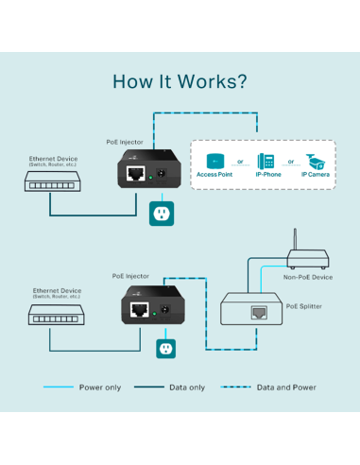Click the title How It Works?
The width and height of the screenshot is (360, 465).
(x=180, y=81)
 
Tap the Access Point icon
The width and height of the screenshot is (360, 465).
(x=214, y=160)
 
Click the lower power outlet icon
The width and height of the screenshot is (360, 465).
(x=167, y=349)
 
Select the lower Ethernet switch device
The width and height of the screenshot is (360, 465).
(x=57, y=319)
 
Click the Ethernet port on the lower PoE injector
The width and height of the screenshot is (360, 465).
(x=141, y=311)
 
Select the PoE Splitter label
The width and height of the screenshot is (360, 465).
(x=305, y=306)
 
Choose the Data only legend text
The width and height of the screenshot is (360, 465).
(x=186, y=387)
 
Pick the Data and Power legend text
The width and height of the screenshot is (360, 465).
(x=286, y=387)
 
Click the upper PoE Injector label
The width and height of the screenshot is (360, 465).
(x=125, y=142)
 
